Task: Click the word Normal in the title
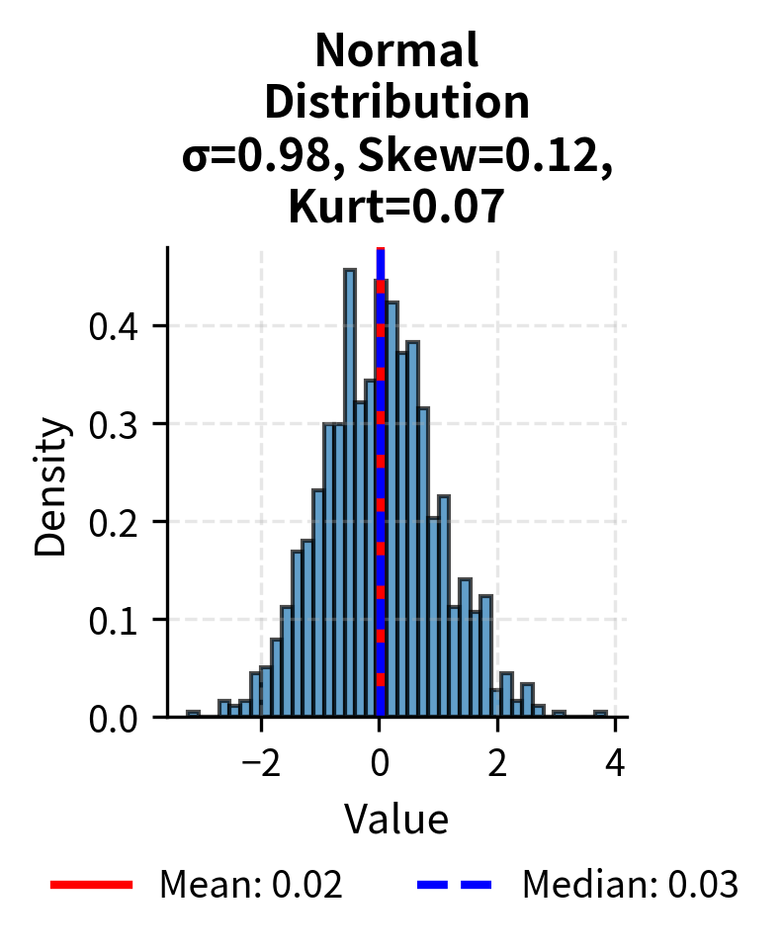(396, 50)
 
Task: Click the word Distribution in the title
(396, 102)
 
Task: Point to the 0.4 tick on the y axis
(114, 326)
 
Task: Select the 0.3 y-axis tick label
(114, 424)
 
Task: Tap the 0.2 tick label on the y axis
(114, 522)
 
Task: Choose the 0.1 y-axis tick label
(114, 620)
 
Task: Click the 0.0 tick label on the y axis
(114, 718)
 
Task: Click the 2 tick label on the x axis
(497, 764)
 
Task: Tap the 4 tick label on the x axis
(615, 764)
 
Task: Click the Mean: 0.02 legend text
(251, 885)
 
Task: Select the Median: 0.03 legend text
(630, 885)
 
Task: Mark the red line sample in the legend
(91, 885)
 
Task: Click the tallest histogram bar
(349, 494)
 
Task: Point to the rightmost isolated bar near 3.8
(600, 714)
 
